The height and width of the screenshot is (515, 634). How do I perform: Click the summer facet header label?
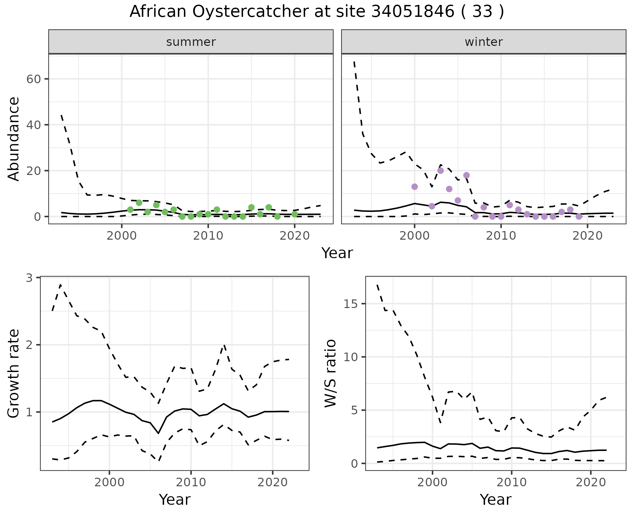[191, 42]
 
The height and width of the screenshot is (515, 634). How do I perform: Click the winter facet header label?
[483, 42]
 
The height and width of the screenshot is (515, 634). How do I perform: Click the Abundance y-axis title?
[14, 139]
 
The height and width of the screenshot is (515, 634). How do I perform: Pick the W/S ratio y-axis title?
[330, 373]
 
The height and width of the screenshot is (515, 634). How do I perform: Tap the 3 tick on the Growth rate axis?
[30, 278]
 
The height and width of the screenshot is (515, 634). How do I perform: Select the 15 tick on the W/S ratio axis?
[351, 304]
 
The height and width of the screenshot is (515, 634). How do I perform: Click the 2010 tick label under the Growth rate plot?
[191, 482]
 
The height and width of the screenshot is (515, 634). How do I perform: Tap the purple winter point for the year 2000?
[415, 187]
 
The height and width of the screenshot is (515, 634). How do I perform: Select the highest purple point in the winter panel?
[440, 171]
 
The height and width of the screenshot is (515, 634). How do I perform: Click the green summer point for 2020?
[295, 214]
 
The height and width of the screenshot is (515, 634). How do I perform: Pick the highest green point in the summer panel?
[139, 203]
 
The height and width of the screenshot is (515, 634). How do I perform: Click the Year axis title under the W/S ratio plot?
[495, 499]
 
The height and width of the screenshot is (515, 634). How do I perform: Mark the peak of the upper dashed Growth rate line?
[60, 285]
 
